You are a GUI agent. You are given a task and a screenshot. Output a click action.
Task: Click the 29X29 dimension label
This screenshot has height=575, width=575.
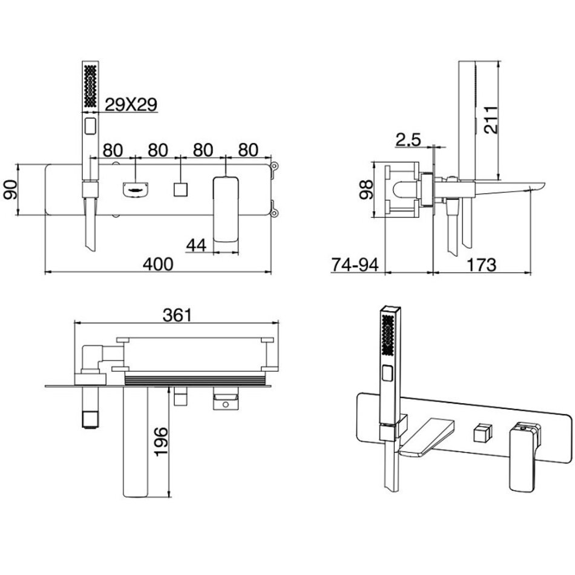(x=131, y=105)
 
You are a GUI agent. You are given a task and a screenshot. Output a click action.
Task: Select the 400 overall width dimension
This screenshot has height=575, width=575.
(x=158, y=264)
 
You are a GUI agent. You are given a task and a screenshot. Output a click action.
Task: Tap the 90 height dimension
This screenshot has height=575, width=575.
(x=10, y=189)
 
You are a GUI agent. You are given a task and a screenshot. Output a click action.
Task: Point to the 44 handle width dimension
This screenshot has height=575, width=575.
(x=196, y=245)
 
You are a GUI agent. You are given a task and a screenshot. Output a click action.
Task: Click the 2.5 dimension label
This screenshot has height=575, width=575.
(x=409, y=140)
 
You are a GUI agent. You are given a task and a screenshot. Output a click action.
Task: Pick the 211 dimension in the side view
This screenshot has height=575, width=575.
(x=490, y=120)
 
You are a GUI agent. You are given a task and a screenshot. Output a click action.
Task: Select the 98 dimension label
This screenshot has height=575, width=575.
(x=366, y=189)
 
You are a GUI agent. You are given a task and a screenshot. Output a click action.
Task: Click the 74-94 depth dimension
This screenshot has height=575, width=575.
(x=355, y=264)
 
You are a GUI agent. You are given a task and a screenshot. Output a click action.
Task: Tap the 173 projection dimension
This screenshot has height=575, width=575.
(x=482, y=264)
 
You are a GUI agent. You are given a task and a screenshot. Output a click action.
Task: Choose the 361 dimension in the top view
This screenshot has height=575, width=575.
(x=177, y=315)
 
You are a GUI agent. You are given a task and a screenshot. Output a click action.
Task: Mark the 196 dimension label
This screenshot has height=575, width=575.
(x=160, y=441)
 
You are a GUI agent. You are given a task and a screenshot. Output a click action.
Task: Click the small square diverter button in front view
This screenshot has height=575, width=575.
(x=181, y=189)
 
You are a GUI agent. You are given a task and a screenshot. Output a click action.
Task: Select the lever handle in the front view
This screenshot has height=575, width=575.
(x=226, y=209)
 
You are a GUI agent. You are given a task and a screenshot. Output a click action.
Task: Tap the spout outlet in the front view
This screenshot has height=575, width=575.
(x=136, y=189)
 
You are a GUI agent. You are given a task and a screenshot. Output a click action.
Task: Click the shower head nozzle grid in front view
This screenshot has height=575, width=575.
(x=91, y=86)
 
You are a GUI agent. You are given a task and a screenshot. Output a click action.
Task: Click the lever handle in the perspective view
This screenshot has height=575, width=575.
(x=524, y=457)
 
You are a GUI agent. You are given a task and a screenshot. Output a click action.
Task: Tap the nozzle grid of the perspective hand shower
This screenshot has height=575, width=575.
(x=388, y=335)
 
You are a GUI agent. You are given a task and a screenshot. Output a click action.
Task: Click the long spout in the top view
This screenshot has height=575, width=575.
(x=135, y=441)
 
